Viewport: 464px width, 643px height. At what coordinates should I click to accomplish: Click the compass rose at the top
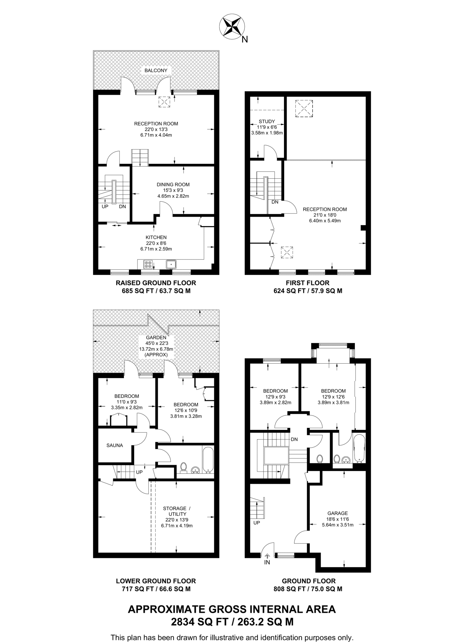[232, 26]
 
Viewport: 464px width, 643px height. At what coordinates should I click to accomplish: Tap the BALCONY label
[156, 70]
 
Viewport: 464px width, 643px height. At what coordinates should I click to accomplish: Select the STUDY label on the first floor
[267, 122]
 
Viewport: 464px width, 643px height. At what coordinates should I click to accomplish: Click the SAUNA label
[115, 445]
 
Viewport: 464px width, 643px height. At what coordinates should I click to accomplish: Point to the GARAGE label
[338, 513]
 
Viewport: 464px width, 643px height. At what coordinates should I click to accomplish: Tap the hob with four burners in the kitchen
[148, 265]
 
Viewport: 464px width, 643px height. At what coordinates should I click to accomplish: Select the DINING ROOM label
[173, 185]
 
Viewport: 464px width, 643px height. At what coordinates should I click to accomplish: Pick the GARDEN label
[156, 338]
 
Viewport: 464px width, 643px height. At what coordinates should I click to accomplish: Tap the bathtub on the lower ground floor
[208, 460]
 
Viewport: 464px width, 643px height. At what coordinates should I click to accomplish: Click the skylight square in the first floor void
[304, 108]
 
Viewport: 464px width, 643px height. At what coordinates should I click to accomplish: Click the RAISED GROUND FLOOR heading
[156, 283]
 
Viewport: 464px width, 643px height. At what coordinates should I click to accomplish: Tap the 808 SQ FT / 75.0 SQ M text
[308, 589]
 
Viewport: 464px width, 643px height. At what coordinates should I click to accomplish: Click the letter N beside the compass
[245, 40]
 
